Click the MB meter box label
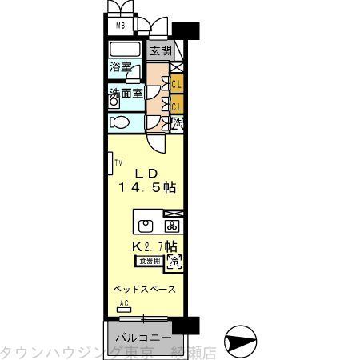122,25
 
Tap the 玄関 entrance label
160,50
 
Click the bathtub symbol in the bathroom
125,50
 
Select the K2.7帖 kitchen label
156,247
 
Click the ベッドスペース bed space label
143,288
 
